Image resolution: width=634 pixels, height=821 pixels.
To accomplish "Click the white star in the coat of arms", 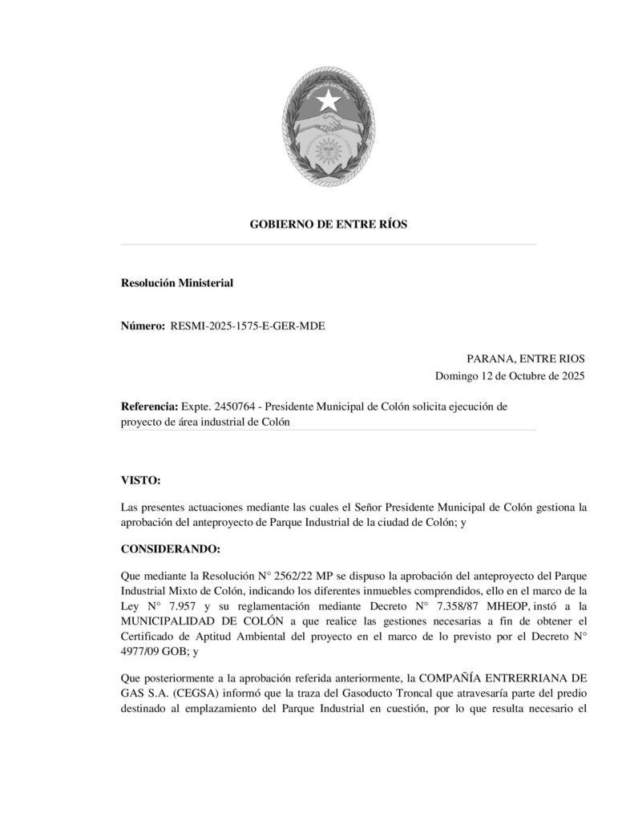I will (x=327, y=100).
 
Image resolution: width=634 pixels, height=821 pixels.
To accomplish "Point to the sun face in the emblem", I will (x=328, y=150).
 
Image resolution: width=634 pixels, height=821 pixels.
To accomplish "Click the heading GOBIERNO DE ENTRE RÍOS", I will (x=329, y=224).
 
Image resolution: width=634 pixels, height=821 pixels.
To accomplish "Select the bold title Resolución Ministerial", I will (x=176, y=282).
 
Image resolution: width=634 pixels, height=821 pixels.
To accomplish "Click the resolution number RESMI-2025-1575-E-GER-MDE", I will (x=248, y=326).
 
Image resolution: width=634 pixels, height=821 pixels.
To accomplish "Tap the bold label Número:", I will (x=143, y=326).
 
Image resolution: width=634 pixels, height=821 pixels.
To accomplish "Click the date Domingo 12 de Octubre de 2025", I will (x=510, y=376).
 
